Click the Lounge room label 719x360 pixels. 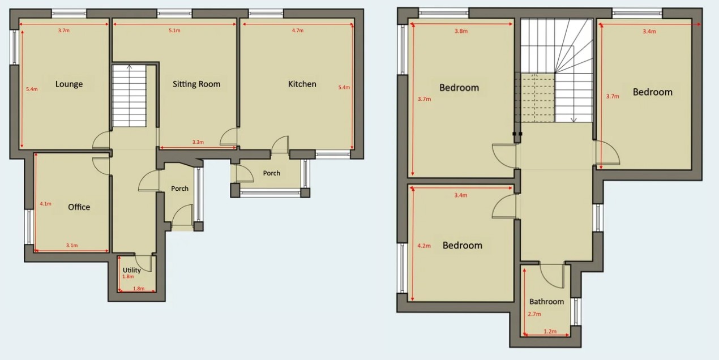click(x=69, y=84)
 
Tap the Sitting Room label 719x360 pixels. click(x=196, y=84)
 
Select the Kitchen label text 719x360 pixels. click(x=302, y=84)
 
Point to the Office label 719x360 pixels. click(x=79, y=207)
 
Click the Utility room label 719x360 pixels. click(x=131, y=270)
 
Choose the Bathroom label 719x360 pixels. click(x=546, y=302)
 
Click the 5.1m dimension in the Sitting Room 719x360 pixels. click(x=174, y=31)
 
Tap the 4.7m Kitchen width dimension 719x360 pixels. click(x=298, y=31)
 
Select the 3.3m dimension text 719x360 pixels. click(x=198, y=142)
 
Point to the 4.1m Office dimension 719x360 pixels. click(x=46, y=204)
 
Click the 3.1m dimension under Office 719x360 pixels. click(x=72, y=246)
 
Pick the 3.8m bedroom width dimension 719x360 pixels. click(x=461, y=31)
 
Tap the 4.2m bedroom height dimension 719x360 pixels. click(x=424, y=246)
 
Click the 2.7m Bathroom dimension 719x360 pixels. click(x=534, y=314)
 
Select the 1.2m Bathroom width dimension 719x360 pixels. click(x=550, y=332)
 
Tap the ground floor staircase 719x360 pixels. click(x=129, y=96)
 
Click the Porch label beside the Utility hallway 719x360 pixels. click(x=180, y=188)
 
